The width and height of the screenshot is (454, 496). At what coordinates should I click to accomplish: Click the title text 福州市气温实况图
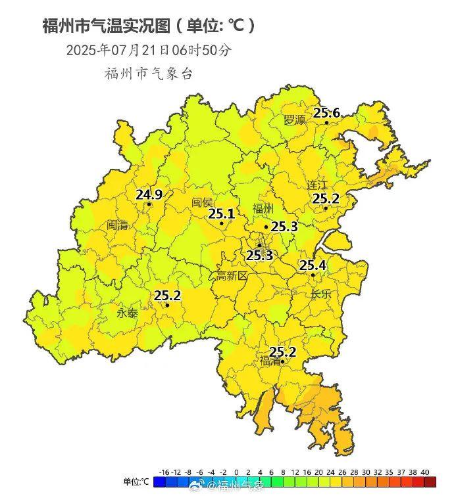[105, 26]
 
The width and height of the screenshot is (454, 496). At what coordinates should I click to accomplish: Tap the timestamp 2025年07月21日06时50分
[148, 50]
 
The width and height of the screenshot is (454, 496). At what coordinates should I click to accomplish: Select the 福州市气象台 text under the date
[148, 74]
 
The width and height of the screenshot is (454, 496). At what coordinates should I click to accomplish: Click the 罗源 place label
[295, 120]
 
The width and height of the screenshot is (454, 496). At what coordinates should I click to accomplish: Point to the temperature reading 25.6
[326, 113]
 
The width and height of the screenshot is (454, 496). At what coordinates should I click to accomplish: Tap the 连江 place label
[317, 185]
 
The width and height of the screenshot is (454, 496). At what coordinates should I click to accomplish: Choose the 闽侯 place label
[203, 202]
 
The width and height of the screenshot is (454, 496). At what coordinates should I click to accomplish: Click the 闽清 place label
[118, 225]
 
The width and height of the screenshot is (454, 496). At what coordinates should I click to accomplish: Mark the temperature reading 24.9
[149, 194]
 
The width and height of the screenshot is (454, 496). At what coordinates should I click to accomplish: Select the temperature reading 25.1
[221, 214]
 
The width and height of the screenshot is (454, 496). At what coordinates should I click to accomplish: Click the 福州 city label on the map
[263, 210]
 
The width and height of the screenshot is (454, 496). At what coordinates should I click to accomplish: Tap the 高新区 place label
[232, 277]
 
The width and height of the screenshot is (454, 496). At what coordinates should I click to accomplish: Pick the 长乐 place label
[322, 294]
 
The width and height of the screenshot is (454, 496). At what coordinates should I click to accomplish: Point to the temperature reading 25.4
[313, 265]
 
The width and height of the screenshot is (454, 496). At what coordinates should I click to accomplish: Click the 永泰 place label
[128, 313]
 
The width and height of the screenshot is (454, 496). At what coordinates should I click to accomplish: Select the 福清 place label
[270, 361]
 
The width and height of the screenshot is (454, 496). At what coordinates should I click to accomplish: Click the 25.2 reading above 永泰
[167, 296]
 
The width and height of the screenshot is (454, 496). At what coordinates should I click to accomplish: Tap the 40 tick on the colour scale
[424, 472]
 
